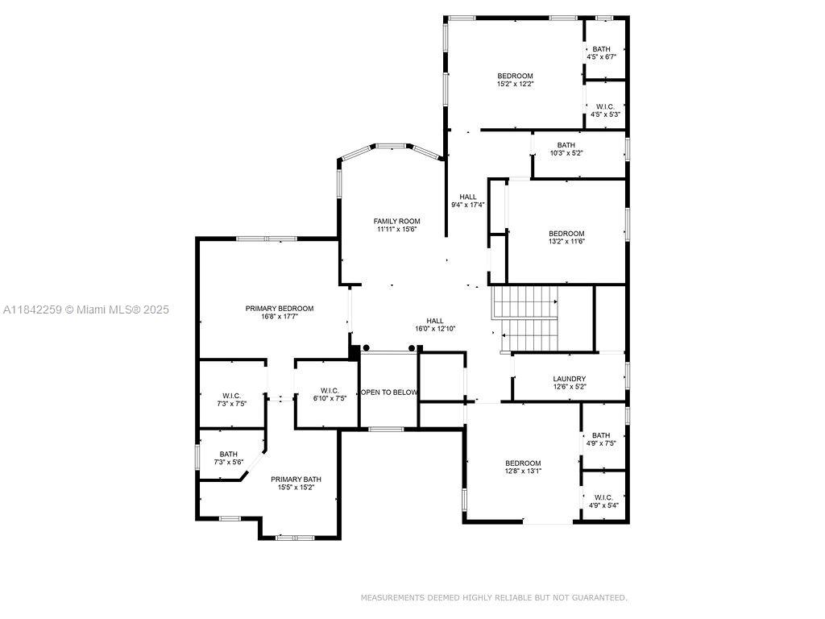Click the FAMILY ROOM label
pos(396,221)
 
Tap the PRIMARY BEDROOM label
pos(280,309)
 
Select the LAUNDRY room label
pos(570,379)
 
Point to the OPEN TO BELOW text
pos(389,393)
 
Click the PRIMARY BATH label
pos(296,479)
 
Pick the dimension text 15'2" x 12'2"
pos(516,84)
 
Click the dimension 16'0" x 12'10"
pos(435,329)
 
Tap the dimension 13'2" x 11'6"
pos(566,242)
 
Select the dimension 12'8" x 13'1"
pos(523,471)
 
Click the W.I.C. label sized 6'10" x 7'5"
pos(330,391)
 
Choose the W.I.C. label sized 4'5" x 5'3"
pos(605,106)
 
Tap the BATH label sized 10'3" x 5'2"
pos(566,145)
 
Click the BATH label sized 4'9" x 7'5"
pos(601,435)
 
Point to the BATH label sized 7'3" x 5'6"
pos(228,454)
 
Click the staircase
pos(524,318)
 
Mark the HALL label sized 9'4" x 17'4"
pos(468,197)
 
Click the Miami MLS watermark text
pos(85,310)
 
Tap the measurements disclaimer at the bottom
pos(494,597)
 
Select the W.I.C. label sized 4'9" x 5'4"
pos(603,497)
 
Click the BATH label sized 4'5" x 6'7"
pos(601,49)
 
